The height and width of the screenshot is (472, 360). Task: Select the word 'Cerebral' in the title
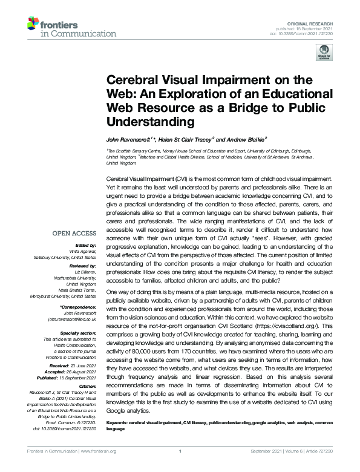click(129, 80)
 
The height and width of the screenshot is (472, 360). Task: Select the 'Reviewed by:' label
click(82, 266)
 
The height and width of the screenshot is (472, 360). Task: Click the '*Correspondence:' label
click(80, 307)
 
